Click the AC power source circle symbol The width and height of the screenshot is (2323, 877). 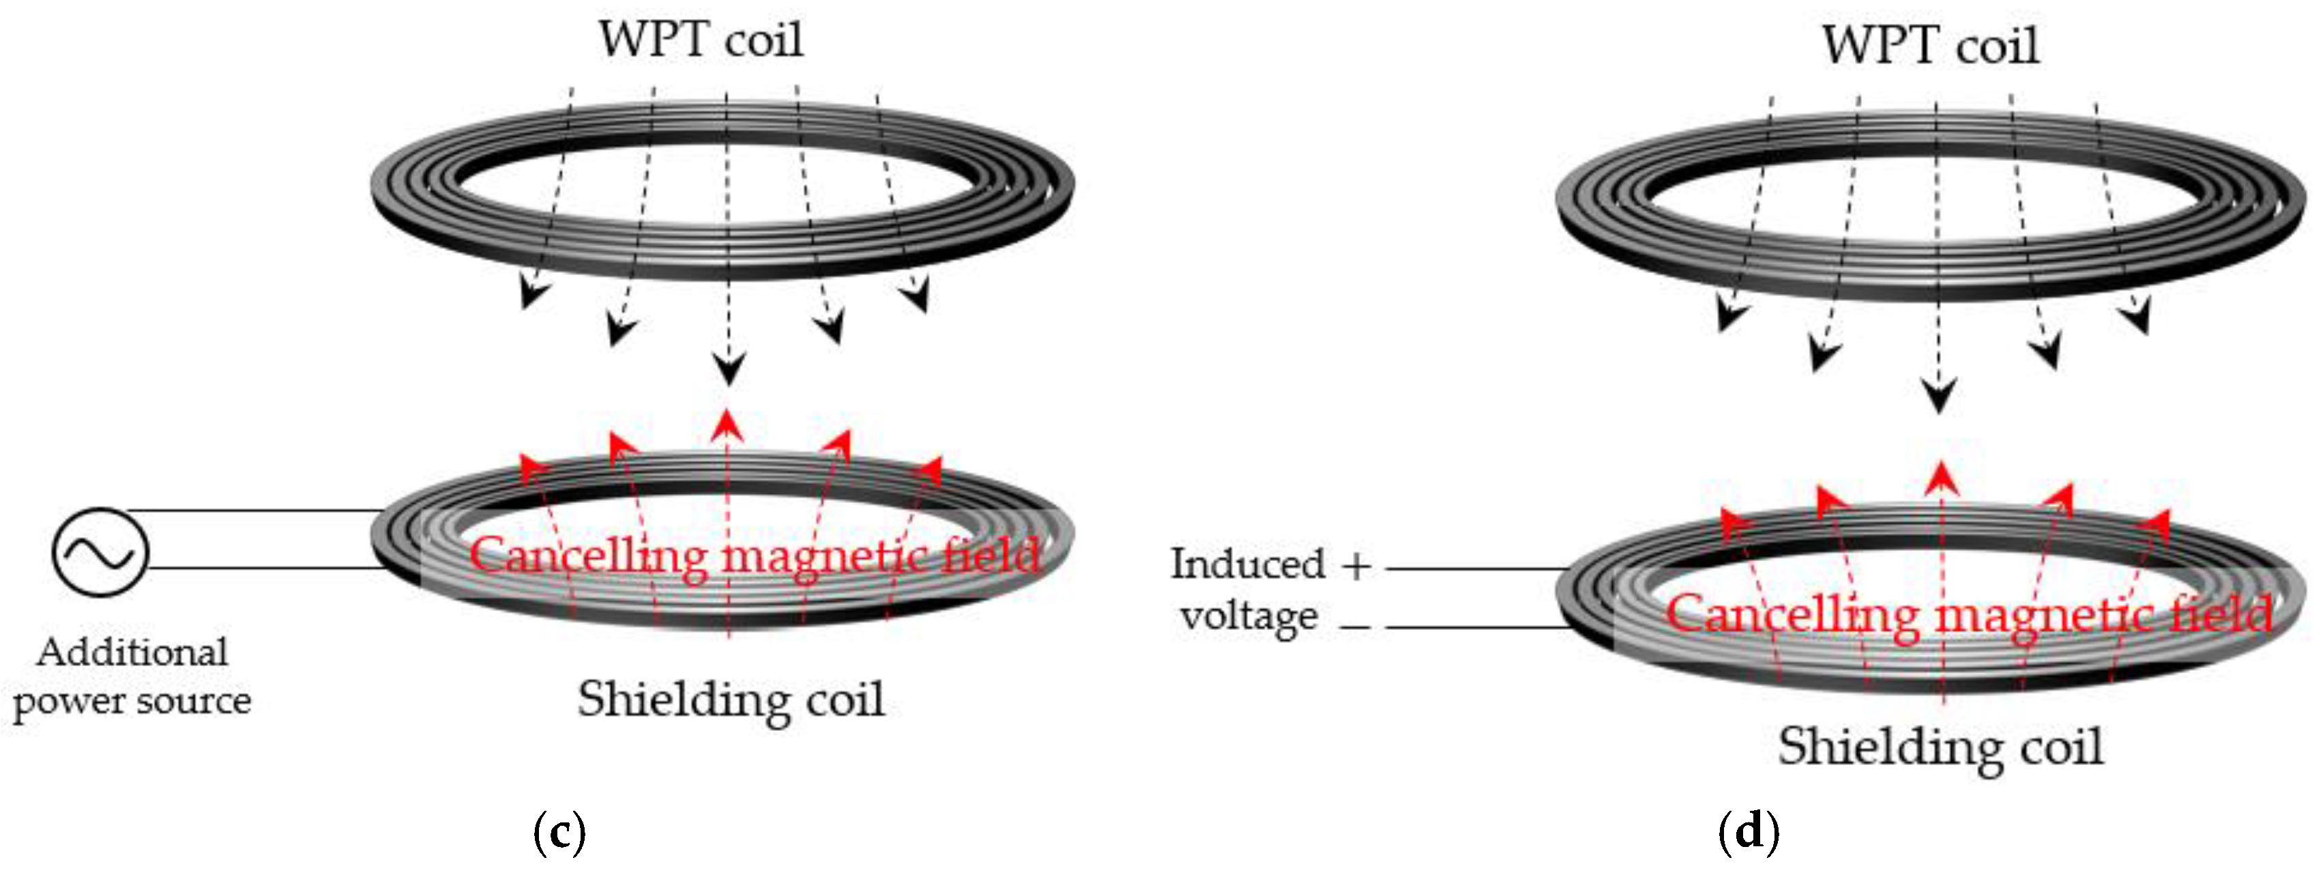click(x=100, y=551)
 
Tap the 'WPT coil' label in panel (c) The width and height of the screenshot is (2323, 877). click(x=700, y=40)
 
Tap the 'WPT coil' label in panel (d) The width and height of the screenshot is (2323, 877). click(x=1930, y=45)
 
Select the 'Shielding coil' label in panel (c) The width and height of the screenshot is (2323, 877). click(x=731, y=700)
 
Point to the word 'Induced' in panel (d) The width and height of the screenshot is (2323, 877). click(x=1247, y=565)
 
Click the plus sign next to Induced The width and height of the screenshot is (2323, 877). click(x=1356, y=566)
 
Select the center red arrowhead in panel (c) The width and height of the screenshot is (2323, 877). click(x=727, y=425)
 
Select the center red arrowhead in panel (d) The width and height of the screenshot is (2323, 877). click(x=1941, y=478)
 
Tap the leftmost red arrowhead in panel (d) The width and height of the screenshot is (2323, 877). click(x=1734, y=524)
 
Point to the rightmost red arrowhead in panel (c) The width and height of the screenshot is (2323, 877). click(x=929, y=471)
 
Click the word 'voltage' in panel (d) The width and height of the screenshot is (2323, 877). click(x=1249, y=617)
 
